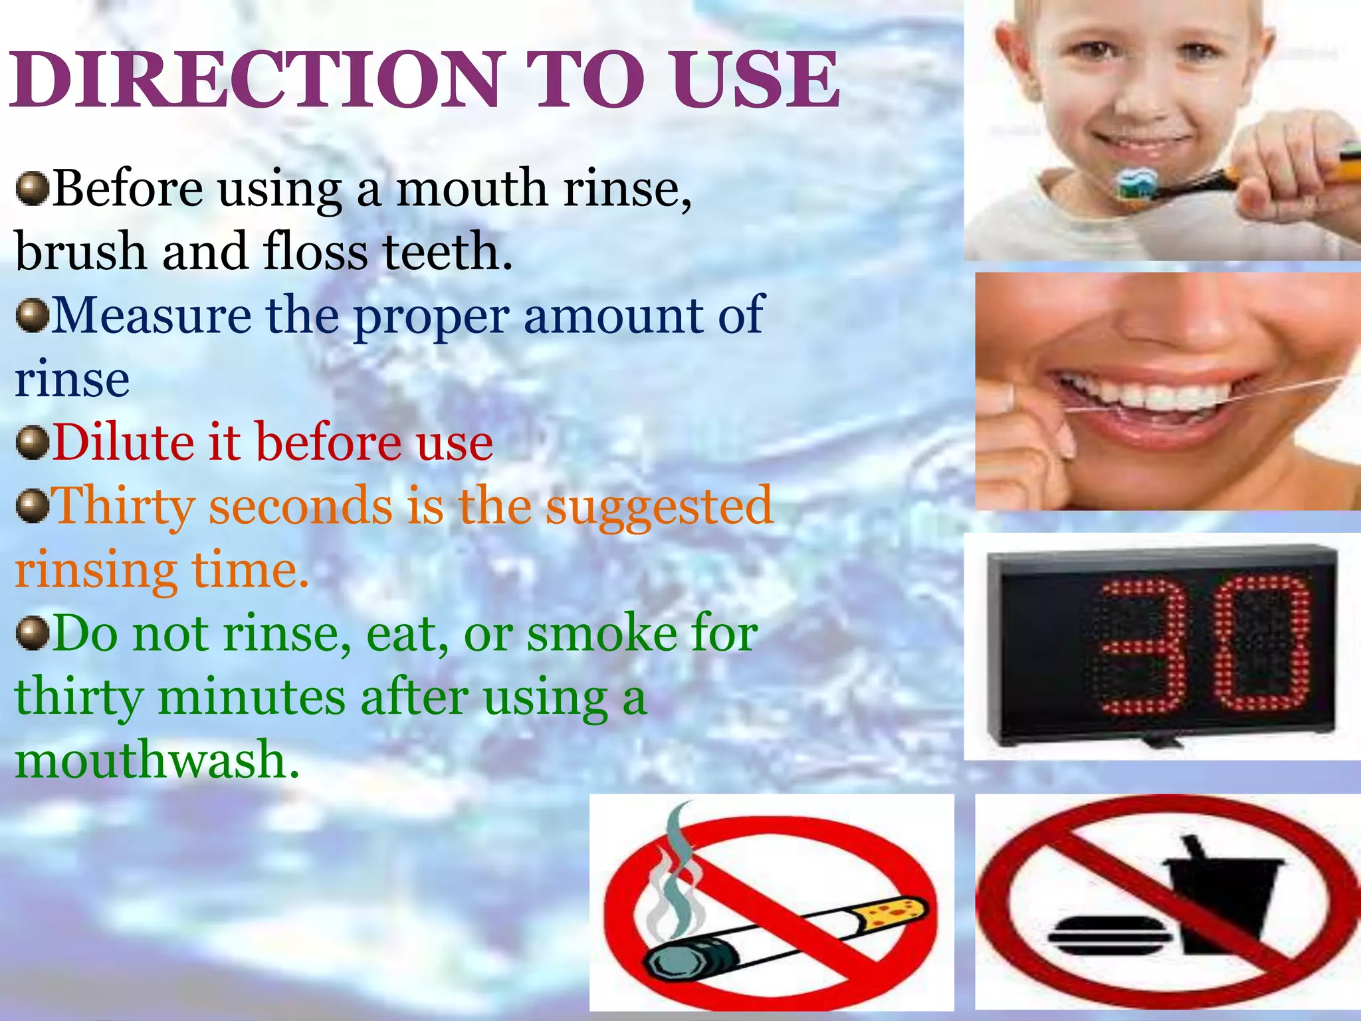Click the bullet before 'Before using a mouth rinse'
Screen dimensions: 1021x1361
(x=32, y=189)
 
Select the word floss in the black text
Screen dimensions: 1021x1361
(x=315, y=253)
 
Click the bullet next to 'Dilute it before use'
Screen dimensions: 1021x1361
(x=32, y=443)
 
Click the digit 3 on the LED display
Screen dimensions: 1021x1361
(x=1140, y=645)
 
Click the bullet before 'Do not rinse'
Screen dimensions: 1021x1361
(x=32, y=633)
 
